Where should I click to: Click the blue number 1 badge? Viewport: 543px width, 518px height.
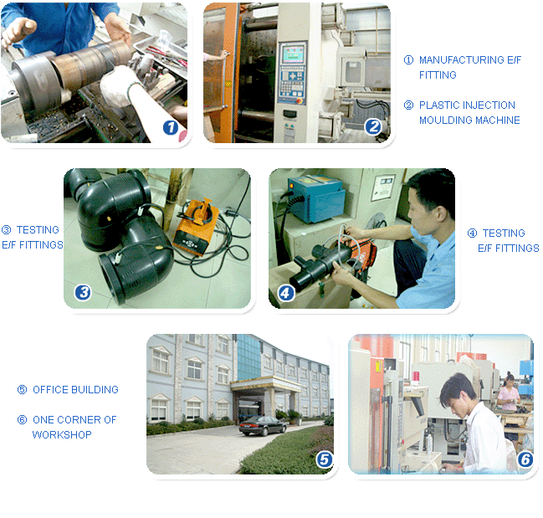[x=171, y=127]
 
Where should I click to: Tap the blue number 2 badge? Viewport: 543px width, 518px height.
[x=373, y=126]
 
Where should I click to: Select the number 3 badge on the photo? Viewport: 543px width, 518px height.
[x=83, y=293]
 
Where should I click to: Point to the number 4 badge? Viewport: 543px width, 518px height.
[x=286, y=293]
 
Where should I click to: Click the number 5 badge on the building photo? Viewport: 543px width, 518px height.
[x=325, y=459]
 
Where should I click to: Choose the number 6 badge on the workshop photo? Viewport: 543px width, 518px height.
[x=525, y=459]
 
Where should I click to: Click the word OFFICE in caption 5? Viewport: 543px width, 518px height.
[x=50, y=389]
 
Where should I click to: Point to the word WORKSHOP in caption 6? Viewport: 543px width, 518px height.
[x=62, y=434]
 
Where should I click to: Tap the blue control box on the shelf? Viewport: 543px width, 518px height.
[x=316, y=199]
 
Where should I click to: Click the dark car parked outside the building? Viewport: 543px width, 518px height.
[x=263, y=425]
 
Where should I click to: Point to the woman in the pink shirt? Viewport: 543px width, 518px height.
[x=509, y=392]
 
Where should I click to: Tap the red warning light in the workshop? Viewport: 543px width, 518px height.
[x=416, y=376]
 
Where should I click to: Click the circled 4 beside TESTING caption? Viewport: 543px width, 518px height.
[x=473, y=233]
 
